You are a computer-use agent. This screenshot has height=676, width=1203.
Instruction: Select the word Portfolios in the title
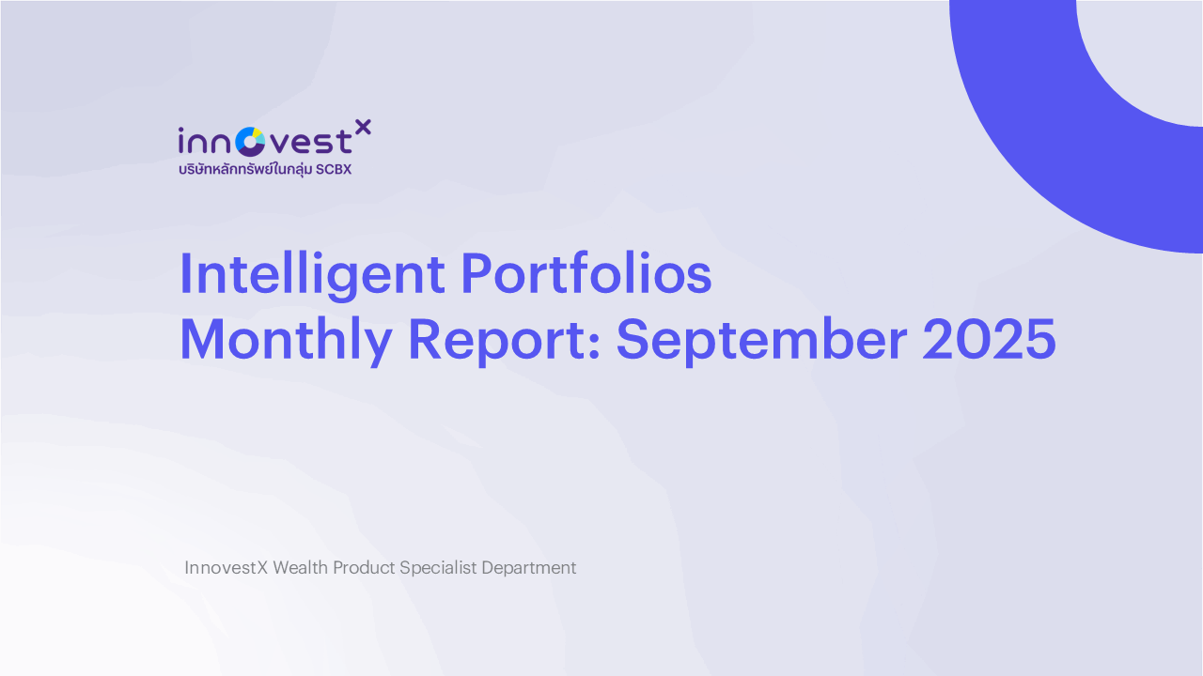[586, 274]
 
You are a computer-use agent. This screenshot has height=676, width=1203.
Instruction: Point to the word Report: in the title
[504, 340]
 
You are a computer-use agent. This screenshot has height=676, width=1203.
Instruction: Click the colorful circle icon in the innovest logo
[250, 142]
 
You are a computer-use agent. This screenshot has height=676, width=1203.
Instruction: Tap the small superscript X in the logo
[364, 127]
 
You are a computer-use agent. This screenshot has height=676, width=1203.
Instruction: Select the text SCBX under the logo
[334, 170]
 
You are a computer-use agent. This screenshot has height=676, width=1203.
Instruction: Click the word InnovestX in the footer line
[226, 568]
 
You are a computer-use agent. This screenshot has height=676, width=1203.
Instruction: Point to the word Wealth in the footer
[300, 568]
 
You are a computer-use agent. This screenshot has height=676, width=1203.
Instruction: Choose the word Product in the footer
[364, 568]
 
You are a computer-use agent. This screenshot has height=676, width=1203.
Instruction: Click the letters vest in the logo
[308, 142]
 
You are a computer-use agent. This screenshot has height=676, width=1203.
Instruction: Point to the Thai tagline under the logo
[244, 170]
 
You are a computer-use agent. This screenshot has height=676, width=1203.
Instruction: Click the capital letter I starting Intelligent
[185, 274]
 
